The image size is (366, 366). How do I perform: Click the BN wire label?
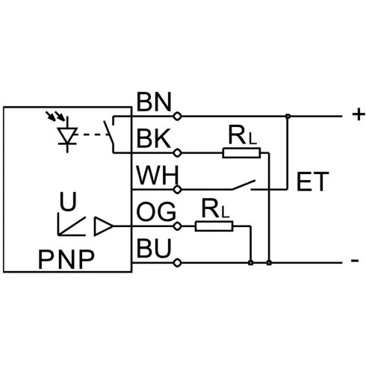(x=154, y=102)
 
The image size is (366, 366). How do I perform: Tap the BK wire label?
(x=154, y=138)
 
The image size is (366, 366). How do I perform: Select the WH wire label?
(x=158, y=175)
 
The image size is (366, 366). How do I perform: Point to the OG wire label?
(x=156, y=211)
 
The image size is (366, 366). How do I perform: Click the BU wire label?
(x=154, y=248)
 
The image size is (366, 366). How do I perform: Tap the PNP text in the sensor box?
(x=66, y=259)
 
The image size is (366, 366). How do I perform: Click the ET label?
(x=313, y=182)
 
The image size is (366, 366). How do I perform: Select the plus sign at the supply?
(x=359, y=114)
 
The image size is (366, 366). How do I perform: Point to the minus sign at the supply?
(x=355, y=261)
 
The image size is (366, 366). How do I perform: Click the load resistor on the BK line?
(x=241, y=153)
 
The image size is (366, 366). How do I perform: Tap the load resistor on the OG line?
(x=214, y=226)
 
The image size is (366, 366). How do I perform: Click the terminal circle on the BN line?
(x=177, y=117)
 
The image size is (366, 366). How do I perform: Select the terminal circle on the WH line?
(x=177, y=190)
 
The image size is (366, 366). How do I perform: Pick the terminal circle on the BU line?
(x=177, y=263)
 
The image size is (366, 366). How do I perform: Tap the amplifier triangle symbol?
(x=104, y=226)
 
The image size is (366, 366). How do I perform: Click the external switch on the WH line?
(x=244, y=185)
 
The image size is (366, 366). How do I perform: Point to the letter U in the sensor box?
(x=68, y=202)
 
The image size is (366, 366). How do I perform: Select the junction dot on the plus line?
(x=288, y=117)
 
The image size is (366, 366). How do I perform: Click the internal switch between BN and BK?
(x=109, y=134)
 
